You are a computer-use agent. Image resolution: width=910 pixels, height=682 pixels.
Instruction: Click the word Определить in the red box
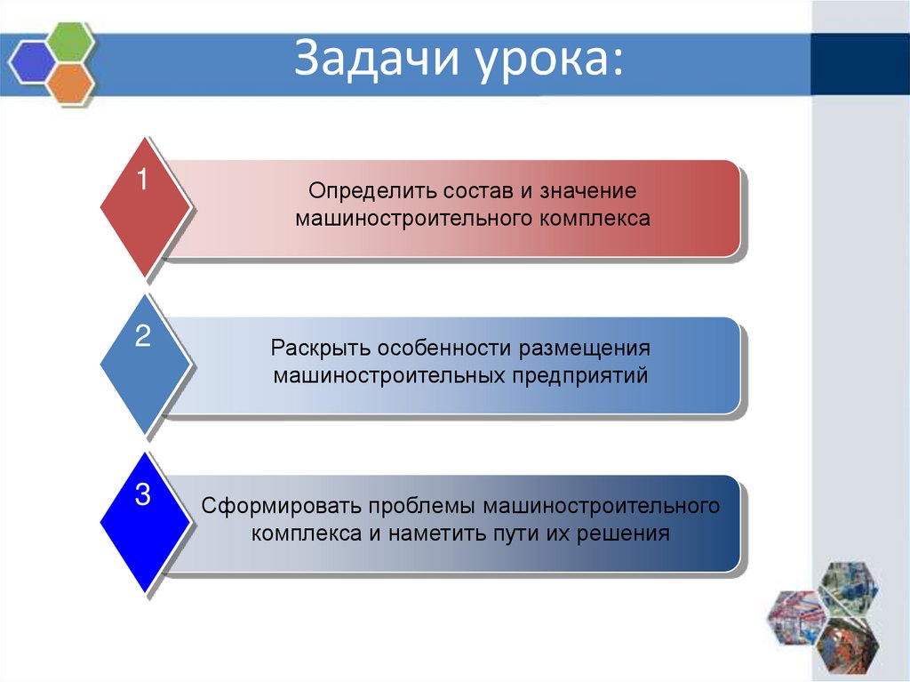coord(360,192)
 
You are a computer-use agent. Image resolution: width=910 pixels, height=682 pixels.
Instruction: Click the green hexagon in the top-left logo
coord(69,41)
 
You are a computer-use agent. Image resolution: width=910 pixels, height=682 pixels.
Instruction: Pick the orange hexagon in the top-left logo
coord(69,82)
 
